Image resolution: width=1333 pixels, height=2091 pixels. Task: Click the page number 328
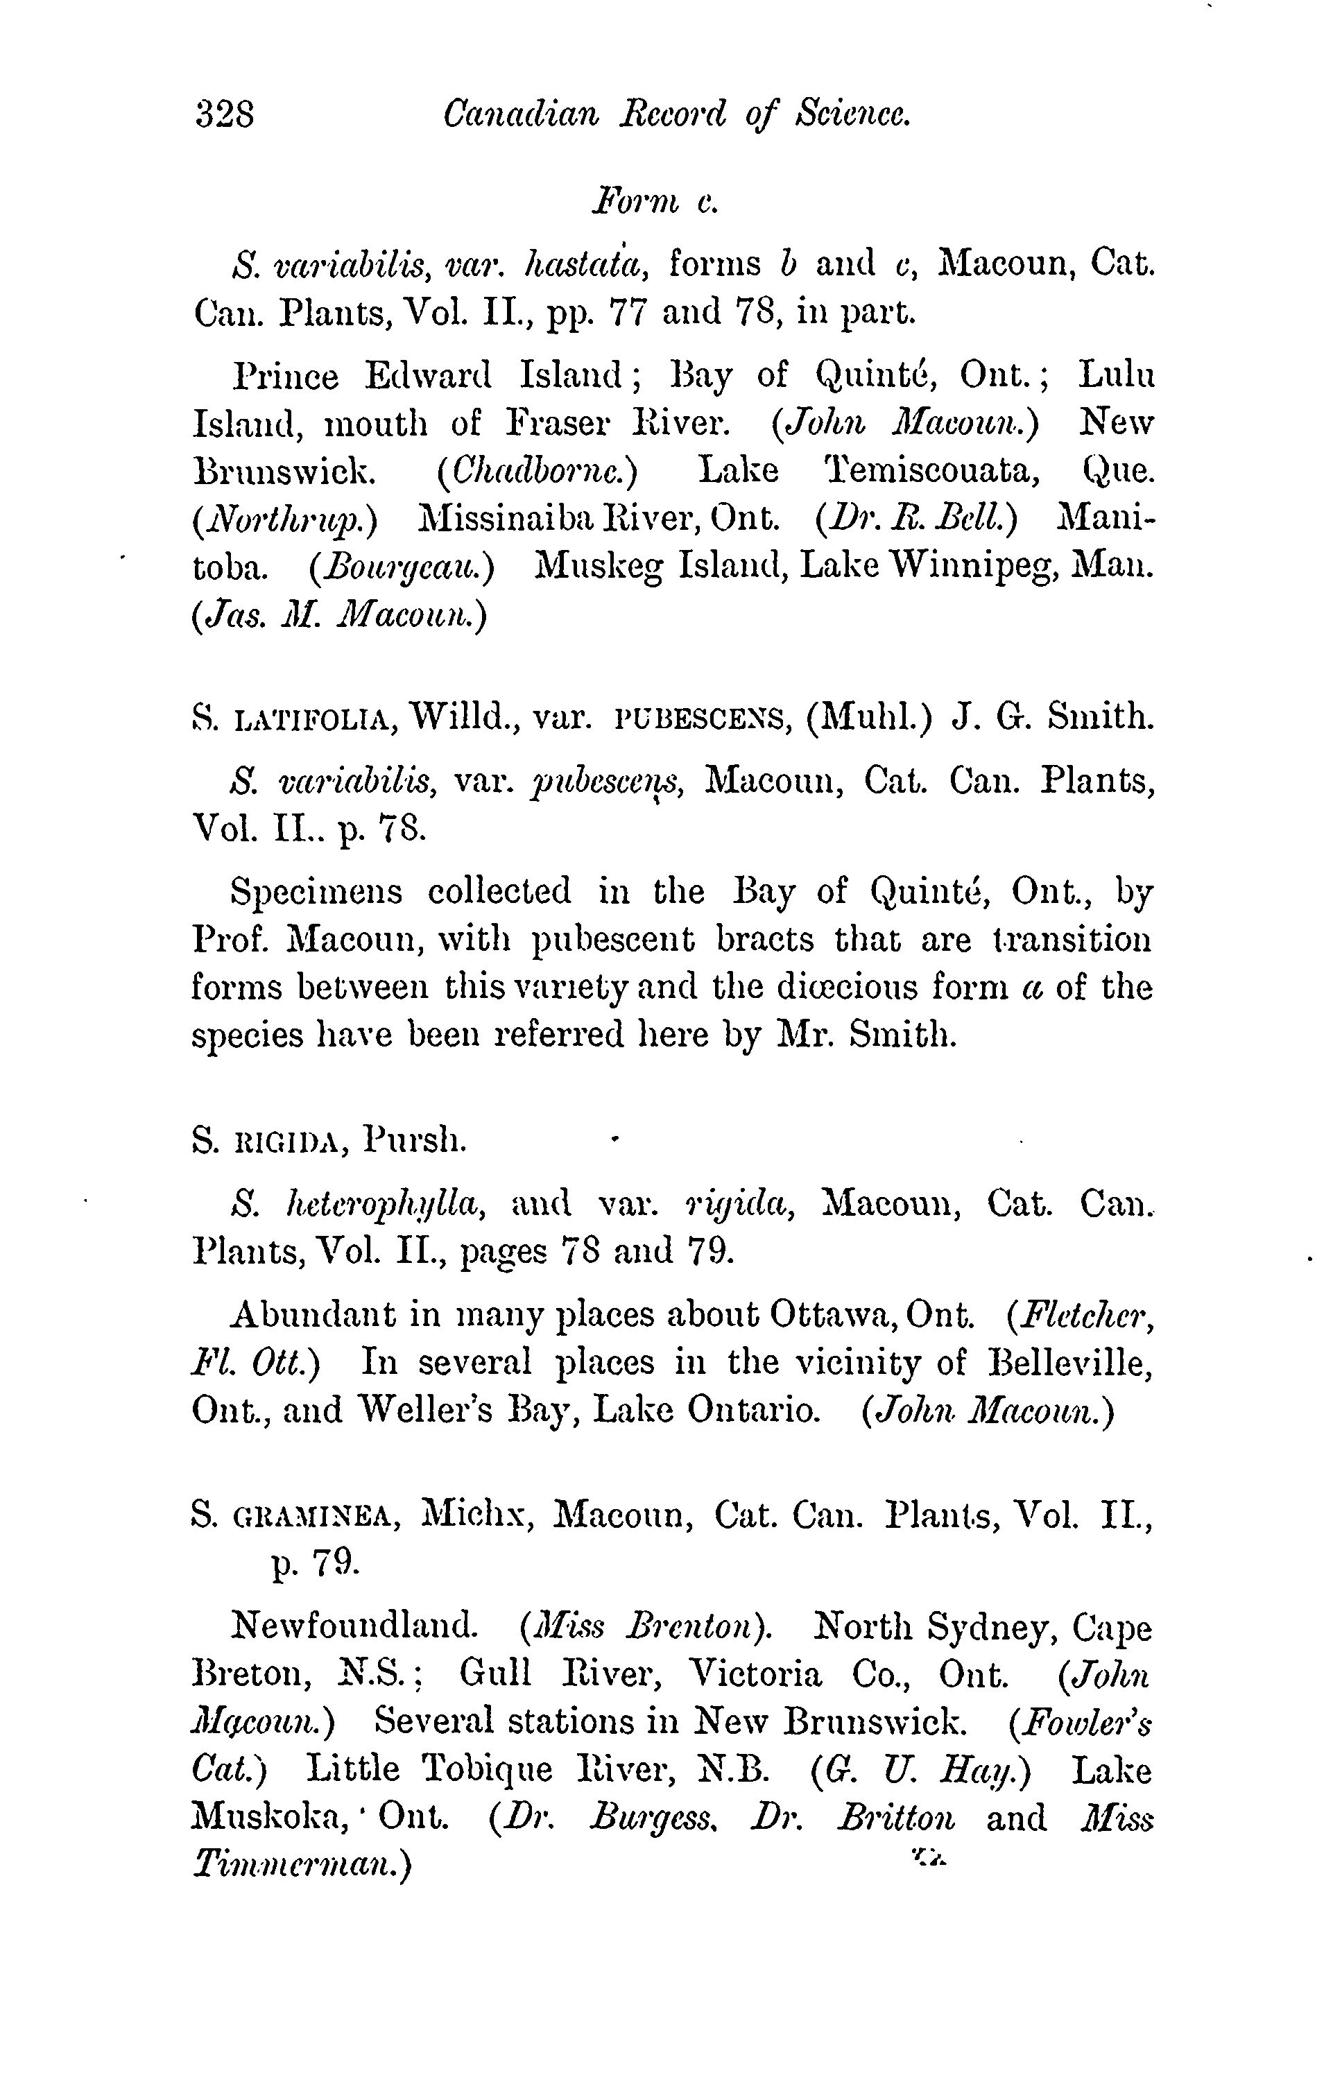(x=225, y=114)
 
